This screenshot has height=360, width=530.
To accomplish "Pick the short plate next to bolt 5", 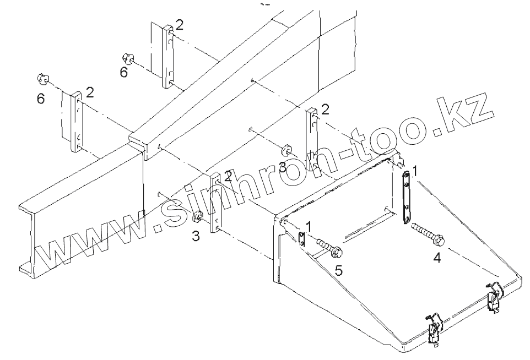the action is (301, 238).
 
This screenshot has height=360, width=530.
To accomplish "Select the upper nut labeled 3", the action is (285, 150).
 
